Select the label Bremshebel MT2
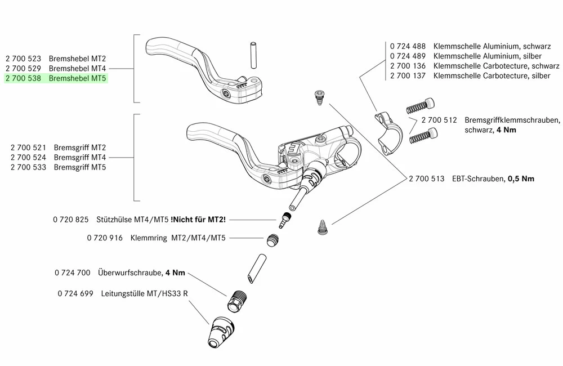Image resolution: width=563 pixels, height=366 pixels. pos(78,59)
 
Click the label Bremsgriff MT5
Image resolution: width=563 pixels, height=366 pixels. pos(80,168)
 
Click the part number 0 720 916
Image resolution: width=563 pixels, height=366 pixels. pos(105,238)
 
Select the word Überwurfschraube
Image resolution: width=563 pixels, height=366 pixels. pos(129,273)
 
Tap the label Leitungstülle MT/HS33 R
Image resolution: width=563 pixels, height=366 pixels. pos(145,293)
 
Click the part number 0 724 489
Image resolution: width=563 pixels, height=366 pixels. pos(409,56)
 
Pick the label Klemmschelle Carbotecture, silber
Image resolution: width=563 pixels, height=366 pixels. pos(491,76)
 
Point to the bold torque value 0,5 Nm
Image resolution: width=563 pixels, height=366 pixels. pos(521,178)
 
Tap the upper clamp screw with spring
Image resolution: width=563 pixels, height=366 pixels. pos(421,105)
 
